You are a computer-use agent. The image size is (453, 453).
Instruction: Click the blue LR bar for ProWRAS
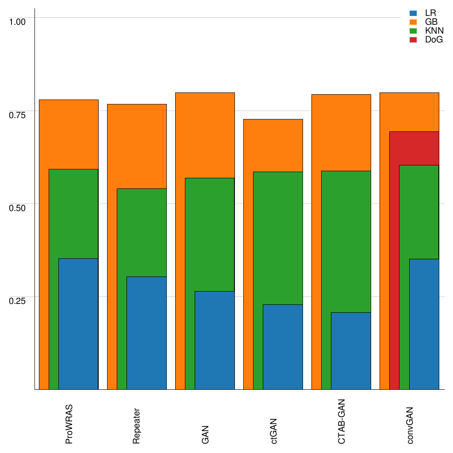click(x=78, y=324)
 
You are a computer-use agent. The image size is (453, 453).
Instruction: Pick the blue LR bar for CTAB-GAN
click(x=351, y=351)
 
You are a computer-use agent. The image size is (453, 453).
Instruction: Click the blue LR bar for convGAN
click(x=424, y=324)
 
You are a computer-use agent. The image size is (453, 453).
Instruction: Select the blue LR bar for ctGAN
click(x=283, y=347)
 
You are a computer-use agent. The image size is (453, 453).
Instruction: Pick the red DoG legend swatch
click(x=413, y=40)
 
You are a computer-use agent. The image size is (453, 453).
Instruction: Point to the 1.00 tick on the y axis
click(x=18, y=21)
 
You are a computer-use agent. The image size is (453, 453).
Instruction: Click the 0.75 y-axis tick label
click(x=18, y=115)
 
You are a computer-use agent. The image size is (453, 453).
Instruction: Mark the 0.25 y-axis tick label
click(x=18, y=300)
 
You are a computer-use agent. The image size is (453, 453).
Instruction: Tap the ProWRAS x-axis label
click(x=69, y=424)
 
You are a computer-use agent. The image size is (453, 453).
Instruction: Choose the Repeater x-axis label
click(x=137, y=425)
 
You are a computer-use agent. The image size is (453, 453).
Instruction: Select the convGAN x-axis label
click(x=410, y=425)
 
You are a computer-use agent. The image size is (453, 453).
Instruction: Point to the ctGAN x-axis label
click(x=274, y=430)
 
